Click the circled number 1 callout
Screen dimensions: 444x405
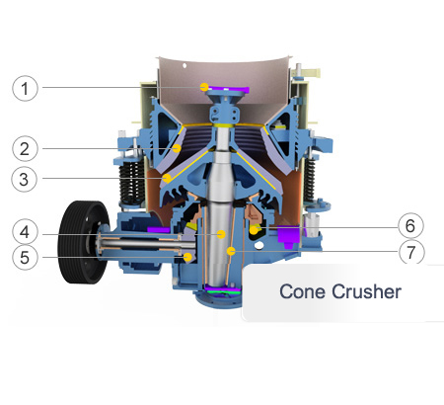coord(25,88)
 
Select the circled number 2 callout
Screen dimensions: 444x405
coord(25,148)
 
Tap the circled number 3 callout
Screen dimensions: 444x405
coord(24,179)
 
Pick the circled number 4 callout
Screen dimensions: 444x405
coord(25,232)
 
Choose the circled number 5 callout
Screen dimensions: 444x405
coord(25,257)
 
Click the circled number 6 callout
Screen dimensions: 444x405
coord(410,225)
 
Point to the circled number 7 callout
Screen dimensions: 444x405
coord(411,252)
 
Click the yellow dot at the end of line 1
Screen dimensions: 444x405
coord(204,87)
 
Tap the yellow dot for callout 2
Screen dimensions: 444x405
coord(177,148)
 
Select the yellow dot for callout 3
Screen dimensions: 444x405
coord(167,178)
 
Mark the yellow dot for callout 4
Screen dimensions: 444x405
coord(221,234)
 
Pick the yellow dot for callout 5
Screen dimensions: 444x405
coord(187,257)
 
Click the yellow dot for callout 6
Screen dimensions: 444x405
coord(254,229)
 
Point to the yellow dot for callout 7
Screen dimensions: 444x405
coord(231,251)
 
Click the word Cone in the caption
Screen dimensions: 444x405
coord(302,291)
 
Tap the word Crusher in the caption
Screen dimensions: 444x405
coord(366,291)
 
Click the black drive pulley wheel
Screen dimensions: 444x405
coord(84,242)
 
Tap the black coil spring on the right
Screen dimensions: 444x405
coord(309,180)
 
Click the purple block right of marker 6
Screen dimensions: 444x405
coord(288,236)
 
